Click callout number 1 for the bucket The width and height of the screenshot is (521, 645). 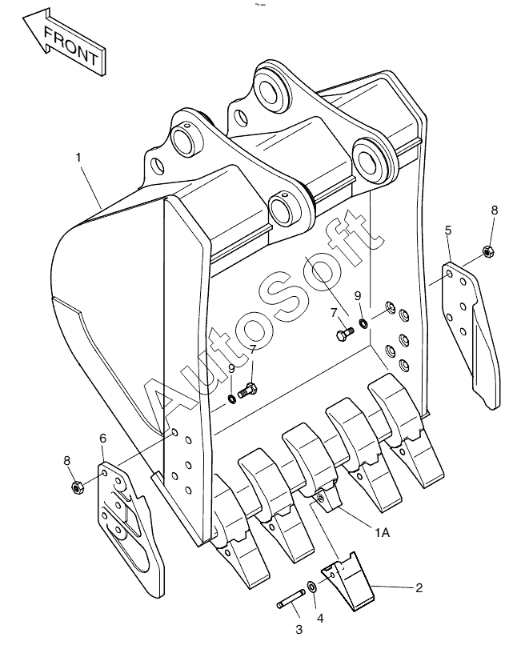click(x=78, y=157)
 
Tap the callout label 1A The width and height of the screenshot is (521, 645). click(x=382, y=533)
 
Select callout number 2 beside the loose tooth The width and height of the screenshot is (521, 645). click(x=419, y=588)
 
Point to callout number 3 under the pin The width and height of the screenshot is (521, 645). click(x=299, y=629)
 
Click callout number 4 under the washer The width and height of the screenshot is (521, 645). click(x=320, y=619)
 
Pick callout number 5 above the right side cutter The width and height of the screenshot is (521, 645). click(x=448, y=230)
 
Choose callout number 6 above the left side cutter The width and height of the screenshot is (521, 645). click(x=103, y=438)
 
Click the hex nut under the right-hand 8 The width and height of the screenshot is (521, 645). click(x=487, y=251)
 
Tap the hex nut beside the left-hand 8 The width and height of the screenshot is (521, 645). click(x=78, y=487)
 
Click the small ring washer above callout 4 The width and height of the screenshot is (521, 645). click(x=311, y=586)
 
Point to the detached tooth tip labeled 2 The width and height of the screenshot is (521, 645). click(x=348, y=583)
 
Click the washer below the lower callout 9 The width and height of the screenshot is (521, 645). click(x=232, y=399)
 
